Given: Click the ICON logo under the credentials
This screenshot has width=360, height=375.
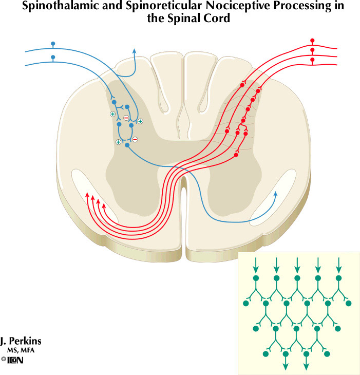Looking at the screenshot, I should tap(16, 361).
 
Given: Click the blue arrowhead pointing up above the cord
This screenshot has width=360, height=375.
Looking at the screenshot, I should tap(135, 50).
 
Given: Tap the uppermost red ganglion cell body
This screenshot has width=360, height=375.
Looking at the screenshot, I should tap(312, 41).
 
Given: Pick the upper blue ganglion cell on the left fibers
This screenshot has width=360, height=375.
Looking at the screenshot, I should tap(52, 44).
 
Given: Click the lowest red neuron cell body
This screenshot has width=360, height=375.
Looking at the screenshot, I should tap(236, 155).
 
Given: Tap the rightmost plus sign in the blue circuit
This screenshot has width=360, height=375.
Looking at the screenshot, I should tap(140, 121).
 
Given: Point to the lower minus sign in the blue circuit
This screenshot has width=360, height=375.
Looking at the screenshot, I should tap(135, 139).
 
